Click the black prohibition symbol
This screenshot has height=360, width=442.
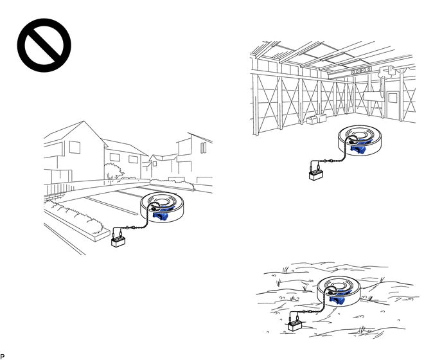coord(44,45)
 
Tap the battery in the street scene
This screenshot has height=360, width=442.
coord(118,242)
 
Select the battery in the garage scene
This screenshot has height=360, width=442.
coord(316,175)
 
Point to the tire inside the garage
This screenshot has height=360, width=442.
coord(360,141)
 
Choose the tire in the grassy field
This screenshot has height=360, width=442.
coord(339,291)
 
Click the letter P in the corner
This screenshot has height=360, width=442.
coord(3,357)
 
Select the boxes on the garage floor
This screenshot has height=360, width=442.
coord(316,119)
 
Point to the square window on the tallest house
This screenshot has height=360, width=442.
coord(75,147)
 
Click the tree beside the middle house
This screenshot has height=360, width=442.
coord(114,170)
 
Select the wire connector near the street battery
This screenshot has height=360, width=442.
coord(127,228)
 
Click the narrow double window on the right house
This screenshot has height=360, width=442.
coord(203,148)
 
